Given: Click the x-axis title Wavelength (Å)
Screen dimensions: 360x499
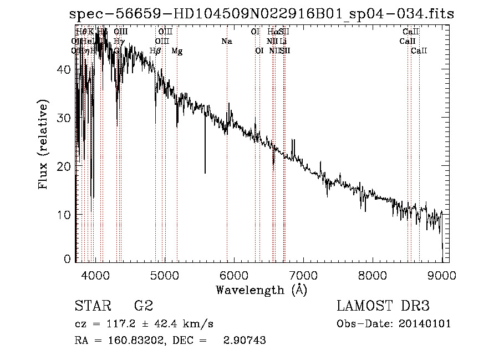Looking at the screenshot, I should [x=261, y=290].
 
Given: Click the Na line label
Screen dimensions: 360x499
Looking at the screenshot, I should [x=226, y=41].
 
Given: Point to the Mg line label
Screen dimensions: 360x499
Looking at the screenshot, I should [x=177, y=51].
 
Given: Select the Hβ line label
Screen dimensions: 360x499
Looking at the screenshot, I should [x=156, y=51].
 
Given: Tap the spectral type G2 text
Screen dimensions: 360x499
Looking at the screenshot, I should [x=143, y=306].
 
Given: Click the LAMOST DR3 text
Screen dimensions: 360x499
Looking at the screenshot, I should [x=383, y=306].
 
